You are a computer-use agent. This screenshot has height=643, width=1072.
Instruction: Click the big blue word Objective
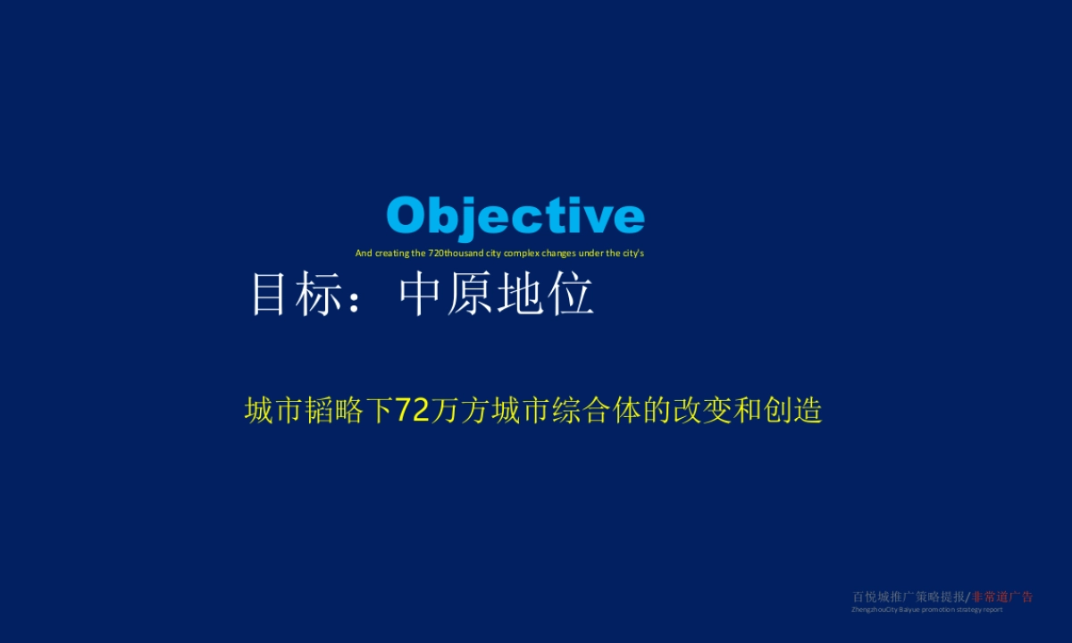515,217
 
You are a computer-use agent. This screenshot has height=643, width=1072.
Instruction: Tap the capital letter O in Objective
406,216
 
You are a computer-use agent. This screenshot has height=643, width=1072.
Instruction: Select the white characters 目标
296,294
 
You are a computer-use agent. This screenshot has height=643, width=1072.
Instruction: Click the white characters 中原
444,294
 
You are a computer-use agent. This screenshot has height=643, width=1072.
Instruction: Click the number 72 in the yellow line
413,410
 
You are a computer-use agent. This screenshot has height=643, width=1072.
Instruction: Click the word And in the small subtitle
364,253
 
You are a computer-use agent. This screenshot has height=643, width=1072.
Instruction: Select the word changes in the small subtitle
560,253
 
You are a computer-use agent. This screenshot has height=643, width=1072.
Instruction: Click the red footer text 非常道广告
1002,597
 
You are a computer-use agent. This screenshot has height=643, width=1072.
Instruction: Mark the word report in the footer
992,610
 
